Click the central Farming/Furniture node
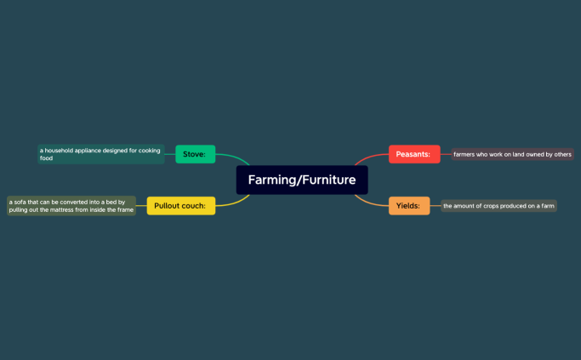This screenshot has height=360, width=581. pyautogui.click(x=302, y=180)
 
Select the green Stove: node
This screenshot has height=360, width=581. pyautogui.click(x=195, y=154)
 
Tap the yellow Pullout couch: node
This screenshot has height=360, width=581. pyautogui.click(x=181, y=205)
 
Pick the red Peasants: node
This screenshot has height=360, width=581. pyautogui.click(x=414, y=154)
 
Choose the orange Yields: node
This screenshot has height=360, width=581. pyautogui.click(x=408, y=205)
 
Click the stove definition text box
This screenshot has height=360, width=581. pyautogui.click(x=101, y=154)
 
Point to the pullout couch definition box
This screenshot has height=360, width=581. pyautogui.click(x=71, y=205)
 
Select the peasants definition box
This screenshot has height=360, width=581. pyautogui.click(x=512, y=154)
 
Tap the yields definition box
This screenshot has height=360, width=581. pyautogui.click(x=498, y=205)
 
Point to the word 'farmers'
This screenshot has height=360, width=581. pyautogui.click(x=464, y=154)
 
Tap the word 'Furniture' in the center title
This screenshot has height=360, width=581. pyautogui.click(x=327, y=180)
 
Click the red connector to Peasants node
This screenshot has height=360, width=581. pyautogui.click(x=369, y=157)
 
